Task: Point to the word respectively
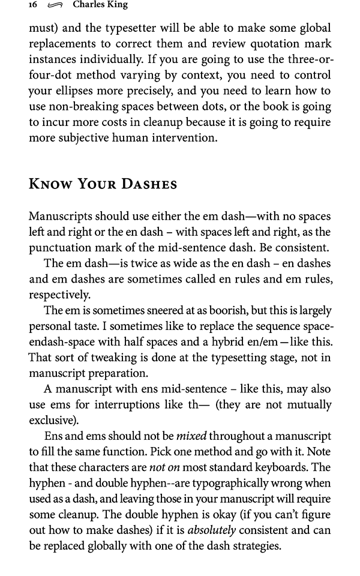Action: coord(60,295)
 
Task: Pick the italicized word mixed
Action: coord(190,436)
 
